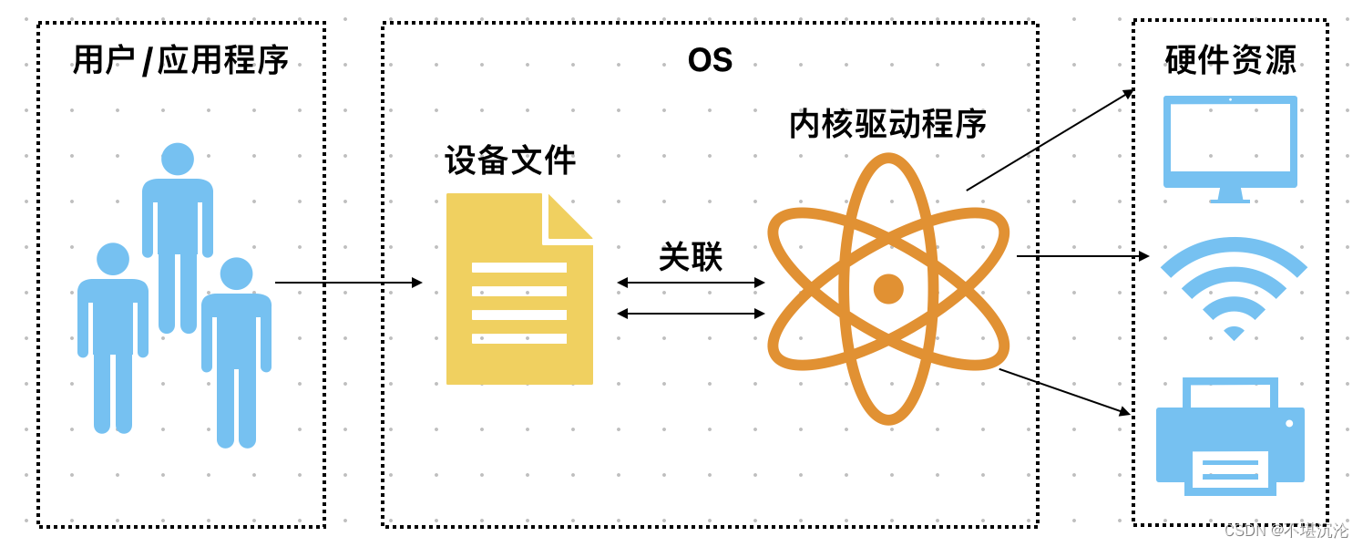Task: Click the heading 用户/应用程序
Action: click(x=180, y=61)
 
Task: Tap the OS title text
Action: click(x=710, y=61)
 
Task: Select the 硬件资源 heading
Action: click(x=1230, y=60)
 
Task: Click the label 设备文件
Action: click(x=510, y=160)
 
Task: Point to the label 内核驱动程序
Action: click(x=887, y=124)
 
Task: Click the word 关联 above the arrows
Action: click(x=691, y=257)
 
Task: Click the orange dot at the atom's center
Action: click(x=888, y=289)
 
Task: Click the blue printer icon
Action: click(x=1230, y=438)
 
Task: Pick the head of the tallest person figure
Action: click(x=178, y=160)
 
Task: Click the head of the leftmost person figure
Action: click(x=113, y=259)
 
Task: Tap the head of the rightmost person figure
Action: click(x=236, y=273)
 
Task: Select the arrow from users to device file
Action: click(x=348, y=283)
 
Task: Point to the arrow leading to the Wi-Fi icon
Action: click(x=1082, y=256)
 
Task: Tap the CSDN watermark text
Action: click(x=1286, y=531)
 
